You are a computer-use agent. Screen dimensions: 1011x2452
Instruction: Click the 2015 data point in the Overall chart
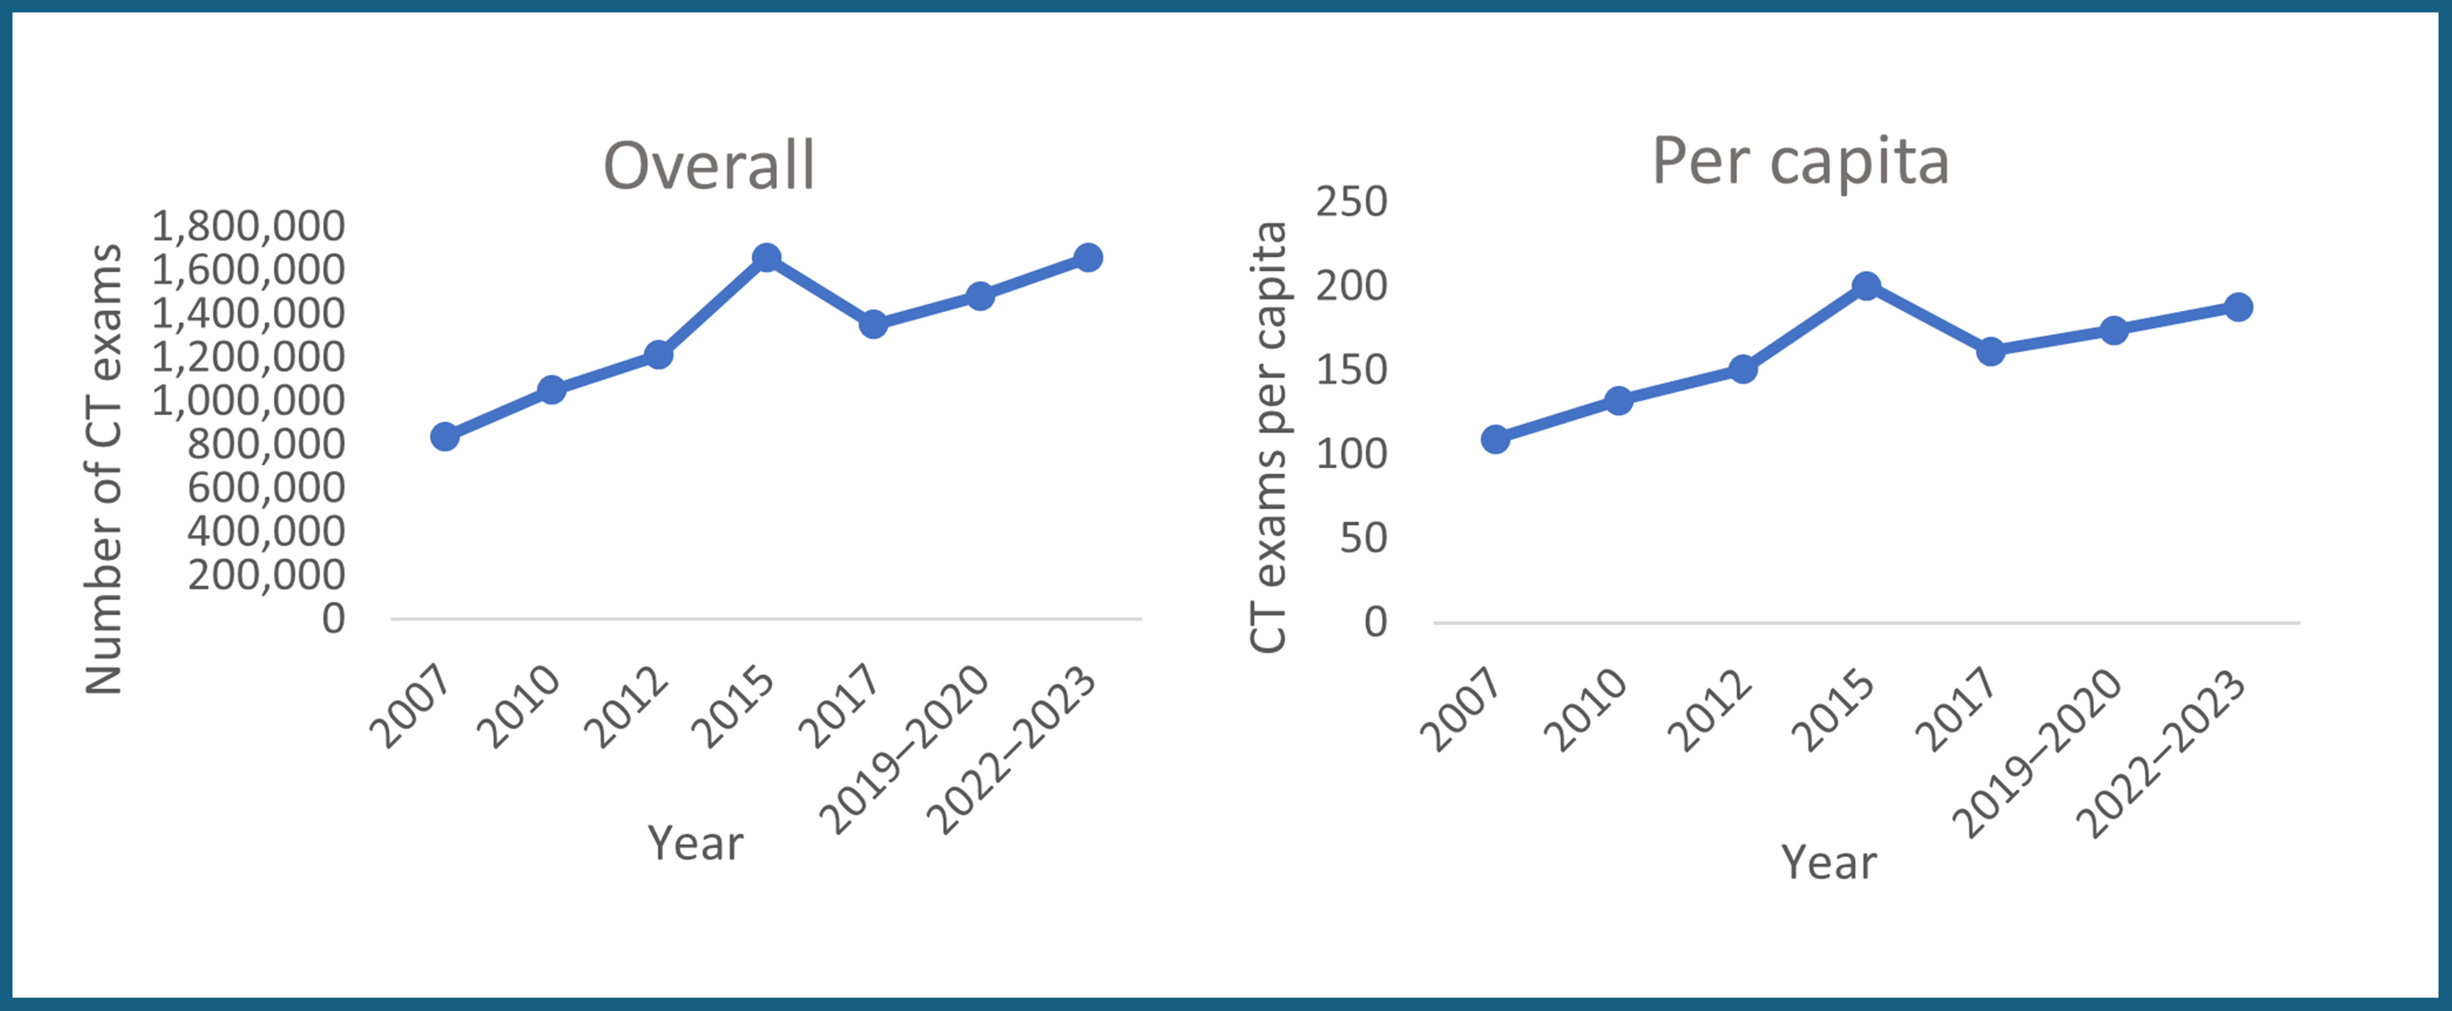[x=766, y=257]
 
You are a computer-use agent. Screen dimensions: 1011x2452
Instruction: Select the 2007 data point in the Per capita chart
[x=1495, y=439]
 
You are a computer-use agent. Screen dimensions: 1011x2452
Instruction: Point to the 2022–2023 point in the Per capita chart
[x=2238, y=307]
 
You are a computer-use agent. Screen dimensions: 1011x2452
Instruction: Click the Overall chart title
[x=709, y=166]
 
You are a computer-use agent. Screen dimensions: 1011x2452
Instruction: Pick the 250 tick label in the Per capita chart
[x=1352, y=202]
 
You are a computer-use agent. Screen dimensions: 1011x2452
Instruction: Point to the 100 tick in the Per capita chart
[x=1352, y=454]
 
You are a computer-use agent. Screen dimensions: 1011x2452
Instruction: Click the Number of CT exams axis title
[x=104, y=469]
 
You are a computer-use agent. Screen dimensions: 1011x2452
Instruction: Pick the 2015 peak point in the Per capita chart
[x=1867, y=286]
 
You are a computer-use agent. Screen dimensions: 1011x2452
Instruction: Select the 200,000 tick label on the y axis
[x=267, y=575]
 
